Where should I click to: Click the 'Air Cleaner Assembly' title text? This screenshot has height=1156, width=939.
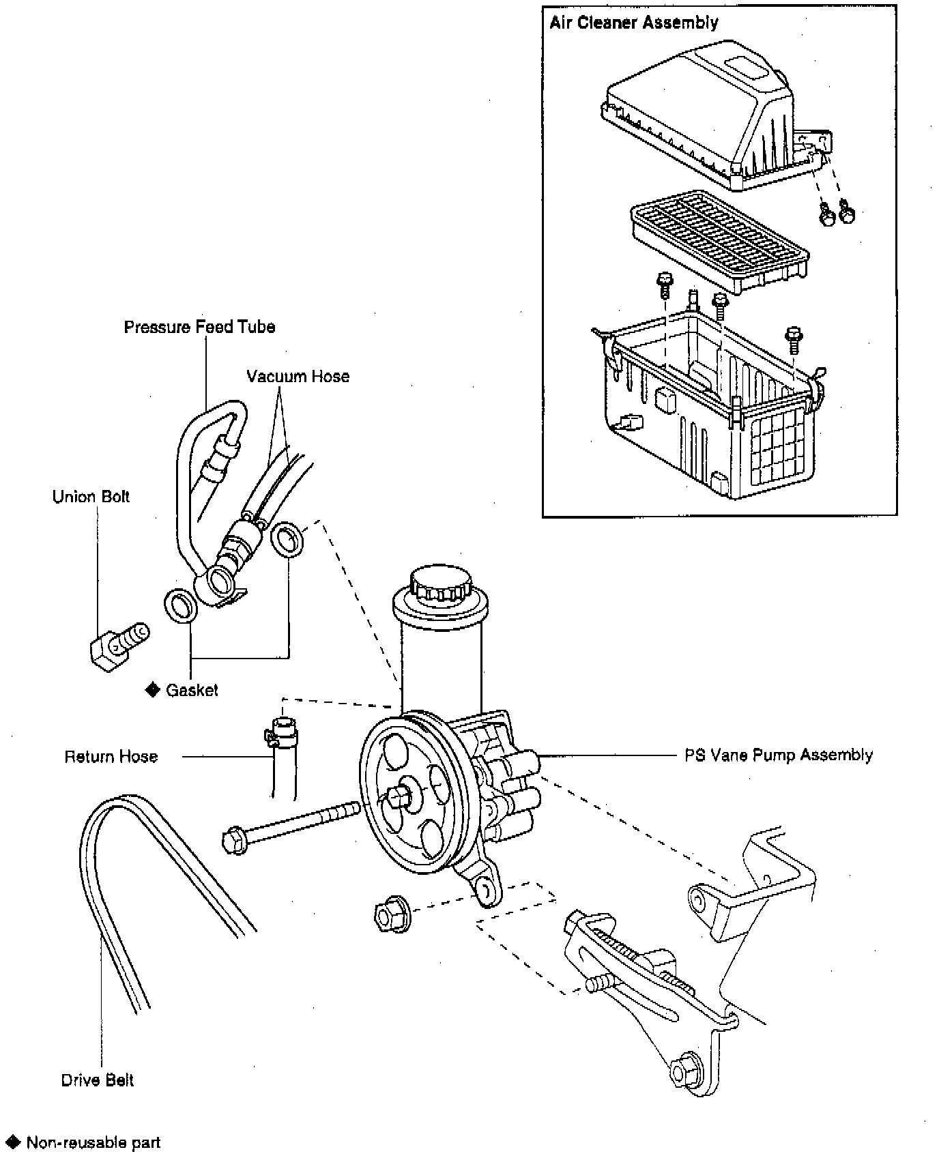point(634,23)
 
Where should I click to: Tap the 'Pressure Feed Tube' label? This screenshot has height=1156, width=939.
point(199,327)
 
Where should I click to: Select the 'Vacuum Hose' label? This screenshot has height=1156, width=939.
point(298,377)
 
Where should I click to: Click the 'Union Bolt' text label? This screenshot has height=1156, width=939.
point(91,497)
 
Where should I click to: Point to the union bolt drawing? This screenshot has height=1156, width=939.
point(118,646)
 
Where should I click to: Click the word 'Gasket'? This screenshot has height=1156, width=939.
point(192,690)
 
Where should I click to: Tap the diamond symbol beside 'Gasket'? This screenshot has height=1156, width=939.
point(152,689)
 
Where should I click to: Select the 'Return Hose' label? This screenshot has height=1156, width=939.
point(111,757)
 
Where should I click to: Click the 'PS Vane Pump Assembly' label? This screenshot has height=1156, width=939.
point(779,755)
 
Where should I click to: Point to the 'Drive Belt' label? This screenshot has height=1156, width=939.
point(97,1080)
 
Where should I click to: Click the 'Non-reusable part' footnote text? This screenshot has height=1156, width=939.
point(93,1142)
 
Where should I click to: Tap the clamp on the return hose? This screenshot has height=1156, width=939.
point(280,736)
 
